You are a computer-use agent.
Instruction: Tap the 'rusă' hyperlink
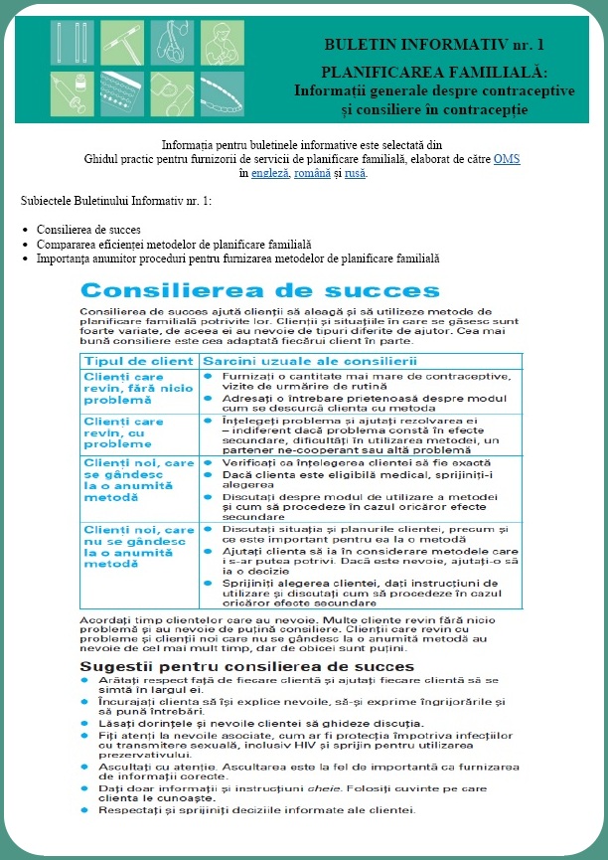pos(356,173)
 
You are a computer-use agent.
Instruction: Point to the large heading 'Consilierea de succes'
pos(239,290)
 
